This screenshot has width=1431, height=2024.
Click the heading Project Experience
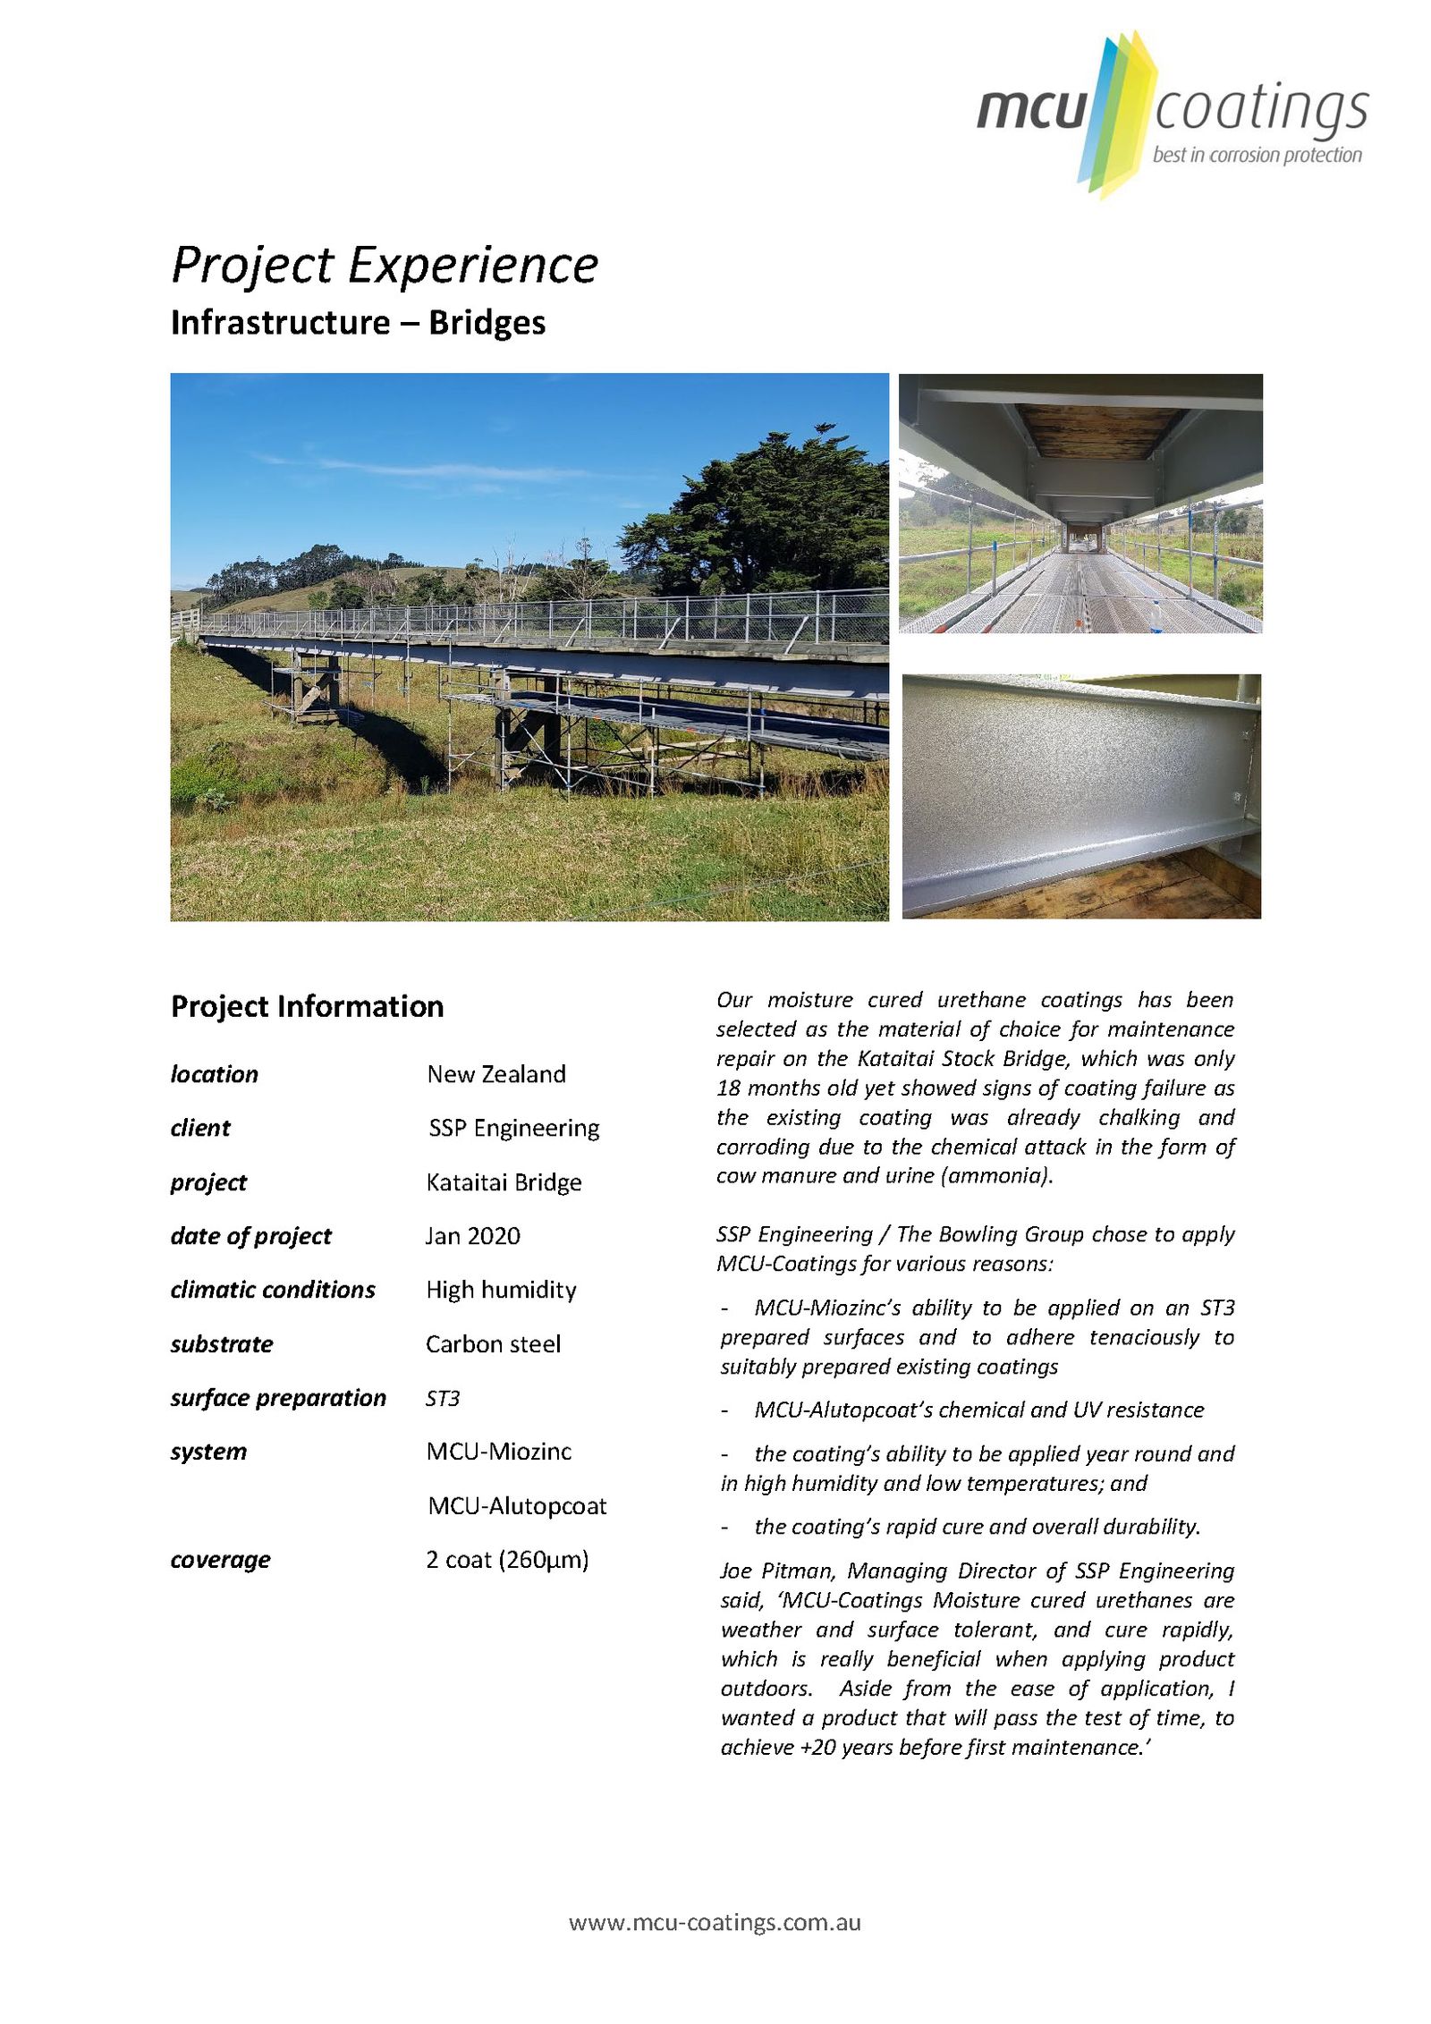(384, 266)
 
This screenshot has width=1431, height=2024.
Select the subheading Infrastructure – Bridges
(358, 323)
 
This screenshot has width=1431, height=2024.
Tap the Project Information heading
(307, 1006)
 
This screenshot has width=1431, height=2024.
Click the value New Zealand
(495, 1074)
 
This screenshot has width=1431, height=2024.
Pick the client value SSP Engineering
(513, 1128)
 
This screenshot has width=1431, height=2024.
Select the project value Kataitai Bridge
(504, 1182)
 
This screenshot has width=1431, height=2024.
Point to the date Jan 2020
(472, 1236)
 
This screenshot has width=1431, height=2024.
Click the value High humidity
(501, 1290)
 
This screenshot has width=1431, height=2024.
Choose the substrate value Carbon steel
(493, 1344)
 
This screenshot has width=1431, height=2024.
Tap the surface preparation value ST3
(443, 1398)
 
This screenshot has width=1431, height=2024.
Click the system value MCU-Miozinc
(498, 1452)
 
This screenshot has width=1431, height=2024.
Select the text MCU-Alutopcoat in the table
(517, 1506)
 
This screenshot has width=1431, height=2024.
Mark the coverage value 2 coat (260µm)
(507, 1560)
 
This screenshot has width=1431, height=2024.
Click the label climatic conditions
(273, 1290)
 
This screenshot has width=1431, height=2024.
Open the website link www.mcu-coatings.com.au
(715, 1922)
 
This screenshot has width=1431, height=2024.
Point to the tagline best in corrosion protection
(1257, 156)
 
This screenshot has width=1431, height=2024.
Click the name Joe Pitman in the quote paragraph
(776, 1571)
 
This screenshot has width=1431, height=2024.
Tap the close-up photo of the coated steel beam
(1080, 796)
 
